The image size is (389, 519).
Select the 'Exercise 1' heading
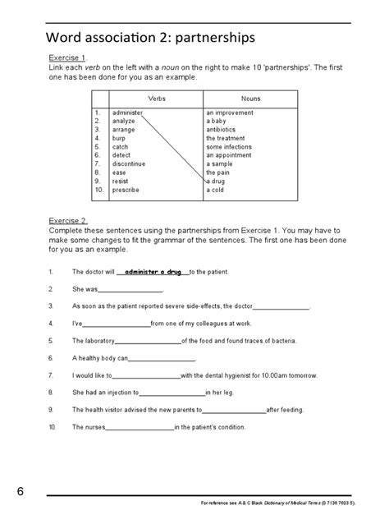click(69, 59)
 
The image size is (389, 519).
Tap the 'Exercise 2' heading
click(69, 221)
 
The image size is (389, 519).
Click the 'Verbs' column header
click(144, 98)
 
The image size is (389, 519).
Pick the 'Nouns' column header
click(251, 98)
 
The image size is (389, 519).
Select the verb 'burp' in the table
click(119, 138)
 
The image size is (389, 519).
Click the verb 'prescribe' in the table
click(126, 190)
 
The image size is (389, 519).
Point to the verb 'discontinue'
click(130, 164)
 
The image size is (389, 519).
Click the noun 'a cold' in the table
click(217, 190)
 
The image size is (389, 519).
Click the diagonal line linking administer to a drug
click(173, 146)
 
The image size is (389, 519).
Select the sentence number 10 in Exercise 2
click(53, 427)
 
